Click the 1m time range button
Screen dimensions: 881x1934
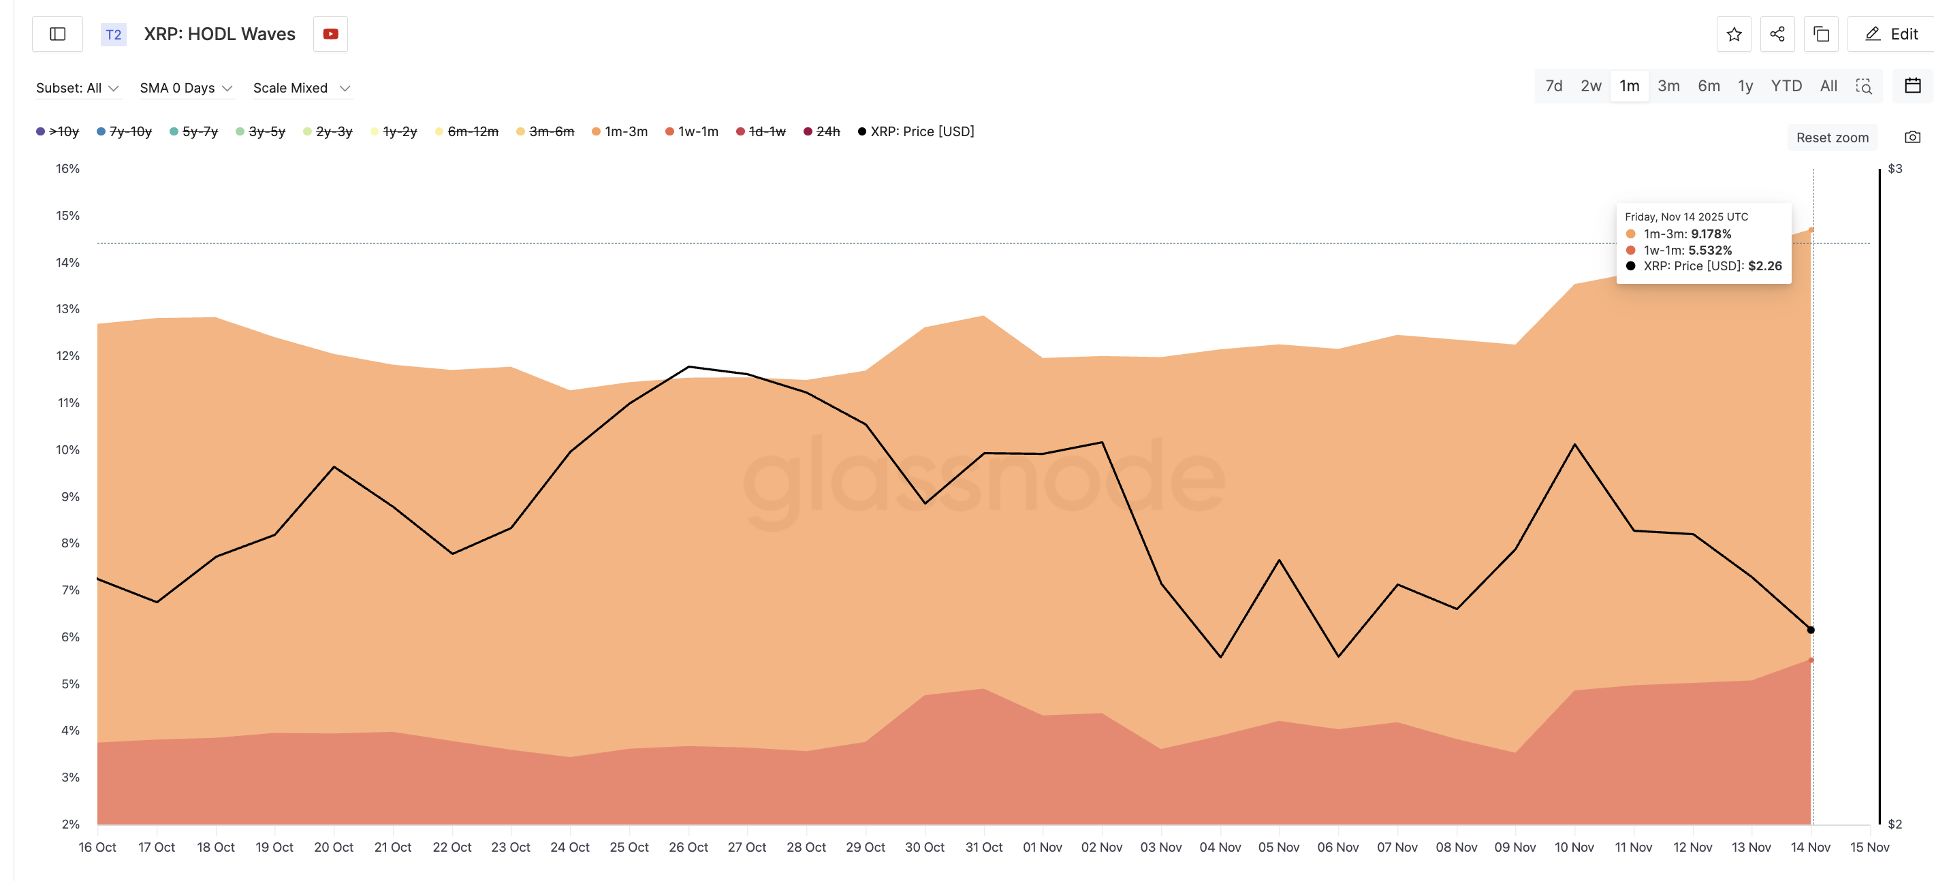pyautogui.click(x=1628, y=86)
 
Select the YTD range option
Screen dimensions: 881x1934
pyautogui.click(x=1786, y=86)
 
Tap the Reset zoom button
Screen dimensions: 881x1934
pyautogui.click(x=1831, y=138)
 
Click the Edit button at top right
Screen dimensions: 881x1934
pyautogui.click(x=1892, y=34)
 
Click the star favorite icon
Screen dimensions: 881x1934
pyautogui.click(x=1734, y=34)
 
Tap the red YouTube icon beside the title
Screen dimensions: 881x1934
pyautogui.click(x=330, y=34)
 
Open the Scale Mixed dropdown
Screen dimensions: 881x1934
pyautogui.click(x=302, y=88)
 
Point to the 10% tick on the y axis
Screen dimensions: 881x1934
pyautogui.click(x=67, y=449)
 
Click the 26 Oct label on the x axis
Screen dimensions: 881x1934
pyautogui.click(x=688, y=846)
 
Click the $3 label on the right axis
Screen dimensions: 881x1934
pyautogui.click(x=1895, y=169)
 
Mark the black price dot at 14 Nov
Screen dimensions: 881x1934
pyautogui.click(x=1810, y=630)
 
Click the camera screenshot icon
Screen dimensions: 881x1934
pyautogui.click(x=1912, y=138)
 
